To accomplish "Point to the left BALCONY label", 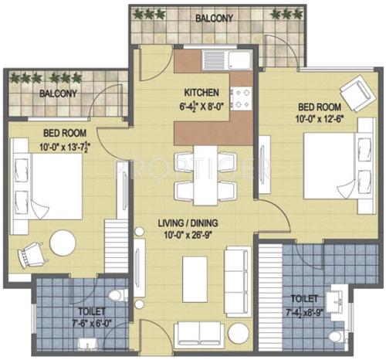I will [x=59, y=93].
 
